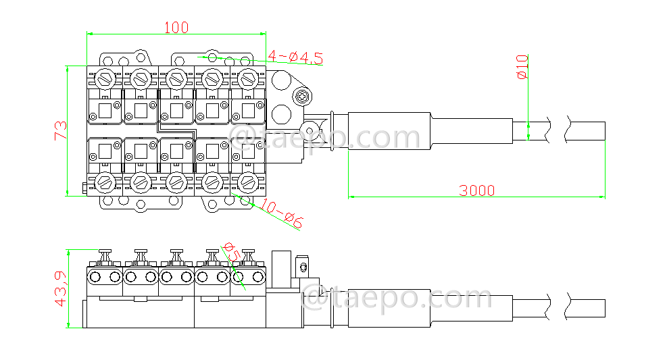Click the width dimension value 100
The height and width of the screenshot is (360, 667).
coord(176,27)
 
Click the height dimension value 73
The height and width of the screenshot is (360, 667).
coord(60,130)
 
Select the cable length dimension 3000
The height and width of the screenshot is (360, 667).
coord(476,190)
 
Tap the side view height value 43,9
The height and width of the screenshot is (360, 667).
coord(60,289)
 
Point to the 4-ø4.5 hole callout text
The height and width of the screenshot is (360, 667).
coord(295,58)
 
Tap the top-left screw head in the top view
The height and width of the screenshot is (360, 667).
coord(105,78)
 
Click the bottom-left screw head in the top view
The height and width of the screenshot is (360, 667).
coord(105,181)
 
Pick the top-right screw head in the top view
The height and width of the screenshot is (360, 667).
coord(248,78)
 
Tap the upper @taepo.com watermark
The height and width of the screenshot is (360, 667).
coord(327,138)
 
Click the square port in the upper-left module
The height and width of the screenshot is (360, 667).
coord(105,110)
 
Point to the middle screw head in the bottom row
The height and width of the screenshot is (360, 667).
coord(176,181)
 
